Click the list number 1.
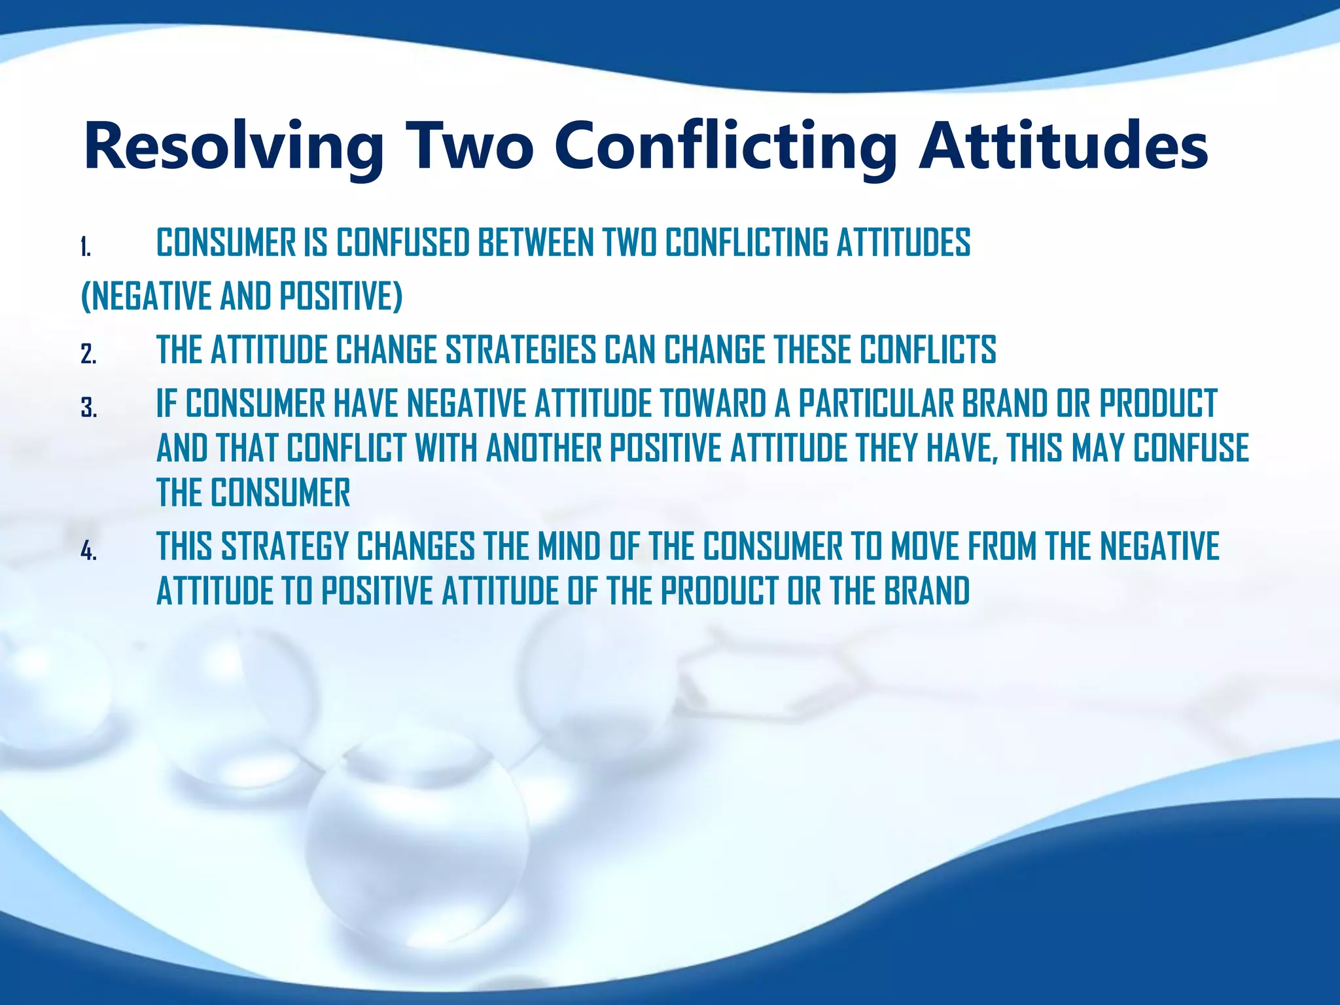[86, 248]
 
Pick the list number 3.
[88, 409]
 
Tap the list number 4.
[88, 552]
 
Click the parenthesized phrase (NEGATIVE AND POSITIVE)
[241, 296]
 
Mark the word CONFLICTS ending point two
[927, 349]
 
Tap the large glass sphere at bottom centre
[419, 844]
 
